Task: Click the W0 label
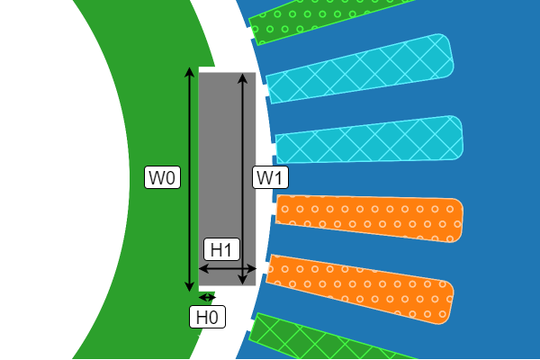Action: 163,177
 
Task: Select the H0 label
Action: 207,317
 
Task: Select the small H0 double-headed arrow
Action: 207,297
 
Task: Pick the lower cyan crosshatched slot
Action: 369,139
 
